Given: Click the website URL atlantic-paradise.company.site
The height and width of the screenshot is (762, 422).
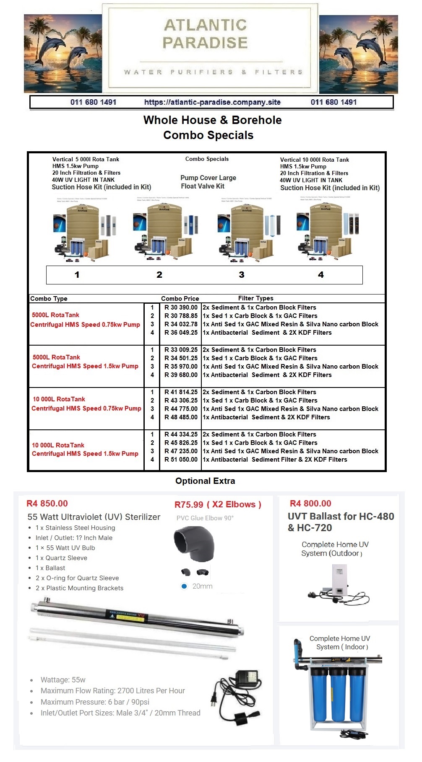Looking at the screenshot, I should click(x=212, y=102).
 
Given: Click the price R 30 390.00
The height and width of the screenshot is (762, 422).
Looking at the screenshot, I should click(x=181, y=307).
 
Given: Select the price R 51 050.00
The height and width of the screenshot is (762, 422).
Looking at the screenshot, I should click(x=181, y=460).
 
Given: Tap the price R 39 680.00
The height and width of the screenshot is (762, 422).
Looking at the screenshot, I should click(x=181, y=375).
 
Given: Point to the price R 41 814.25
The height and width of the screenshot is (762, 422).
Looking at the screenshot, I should click(x=181, y=392).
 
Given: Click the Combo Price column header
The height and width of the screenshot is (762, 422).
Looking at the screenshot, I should click(x=180, y=299).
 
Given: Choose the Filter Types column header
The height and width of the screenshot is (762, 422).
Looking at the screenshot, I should click(x=255, y=298).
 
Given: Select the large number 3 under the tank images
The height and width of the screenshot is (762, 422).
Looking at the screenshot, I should click(x=242, y=275).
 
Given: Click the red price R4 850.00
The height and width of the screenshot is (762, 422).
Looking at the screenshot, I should click(x=47, y=504).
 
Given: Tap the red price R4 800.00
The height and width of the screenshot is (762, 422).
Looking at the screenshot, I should click(x=310, y=504).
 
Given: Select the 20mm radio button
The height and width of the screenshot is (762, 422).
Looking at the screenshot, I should click(x=184, y=586).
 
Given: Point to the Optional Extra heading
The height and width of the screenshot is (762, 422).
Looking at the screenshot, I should click(x=205, y=481).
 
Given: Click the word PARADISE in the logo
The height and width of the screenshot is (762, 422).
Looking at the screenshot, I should click(x=205, y=43).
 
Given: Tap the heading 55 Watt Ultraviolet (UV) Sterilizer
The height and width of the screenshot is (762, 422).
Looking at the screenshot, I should click(x=94, y=517).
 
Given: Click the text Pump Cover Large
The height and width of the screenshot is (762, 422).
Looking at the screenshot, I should click(x=208, y=178).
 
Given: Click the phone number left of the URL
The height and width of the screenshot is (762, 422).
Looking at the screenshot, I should click(x=93, y=102).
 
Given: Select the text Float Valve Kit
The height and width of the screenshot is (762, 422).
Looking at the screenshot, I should click(x=203, y=186).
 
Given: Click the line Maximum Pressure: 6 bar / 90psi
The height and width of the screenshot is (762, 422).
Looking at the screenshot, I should click(x=95, y=702).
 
